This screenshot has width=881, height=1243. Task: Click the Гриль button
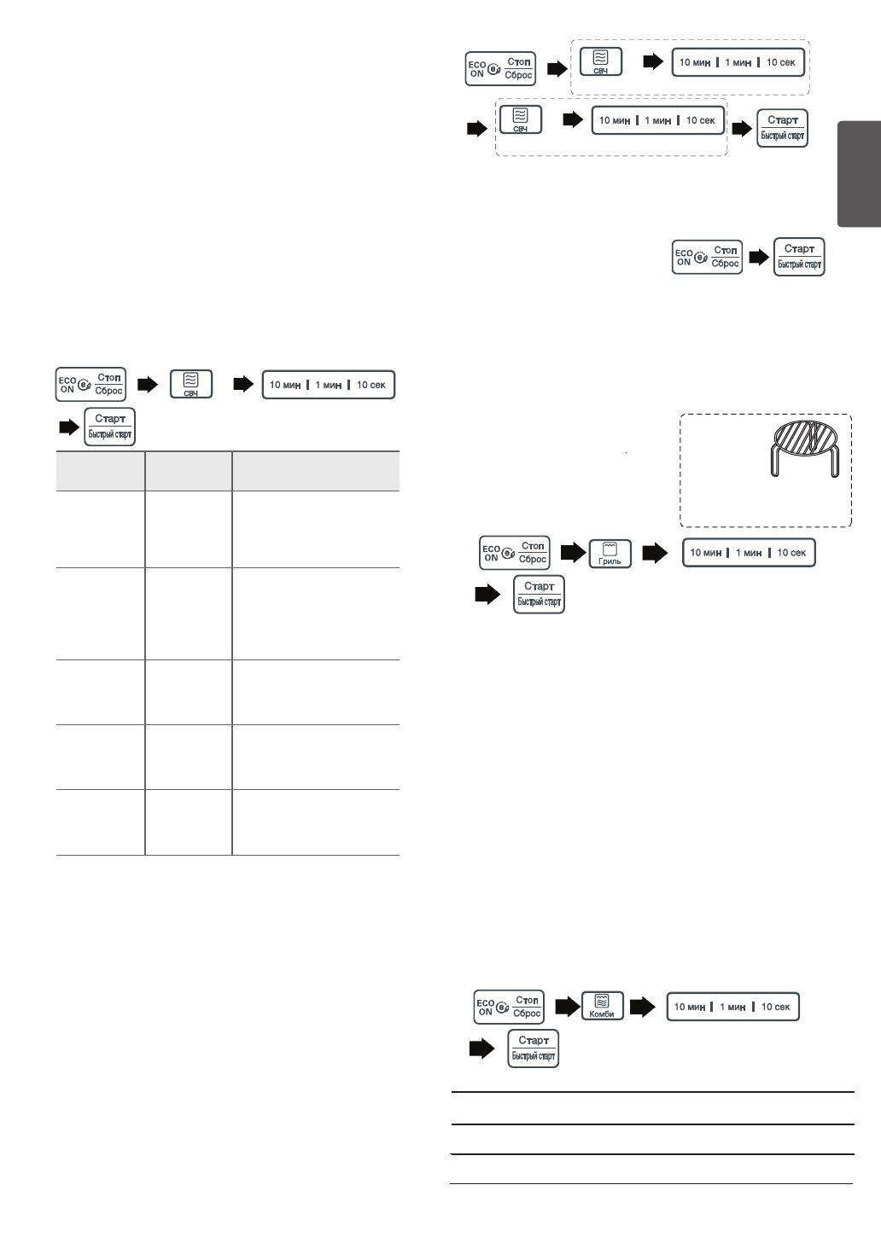click(x=610, y=553)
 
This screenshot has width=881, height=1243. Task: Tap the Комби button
click(x=602, y=1006)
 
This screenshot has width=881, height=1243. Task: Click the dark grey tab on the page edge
click(x=859, y=174)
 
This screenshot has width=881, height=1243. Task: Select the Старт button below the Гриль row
click(x=539, y=593)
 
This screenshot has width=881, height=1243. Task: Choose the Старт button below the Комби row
click(x=534, y=1048)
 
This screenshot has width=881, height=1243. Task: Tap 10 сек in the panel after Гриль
click(x=791, y=553)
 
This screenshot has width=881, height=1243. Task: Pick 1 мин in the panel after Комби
click(x=733, y=1007)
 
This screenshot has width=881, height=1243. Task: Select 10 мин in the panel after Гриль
click(x=706, y=553)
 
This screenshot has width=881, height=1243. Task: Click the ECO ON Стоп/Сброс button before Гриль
click(x=515, y=553)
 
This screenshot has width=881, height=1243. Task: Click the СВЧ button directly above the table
click(x=191, y=384)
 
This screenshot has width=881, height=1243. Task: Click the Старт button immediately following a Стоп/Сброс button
click(x=800, y=256)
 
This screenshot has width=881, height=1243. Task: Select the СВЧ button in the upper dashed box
click(x=600, y=62)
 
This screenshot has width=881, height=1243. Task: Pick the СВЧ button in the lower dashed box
click(x=520, y=119)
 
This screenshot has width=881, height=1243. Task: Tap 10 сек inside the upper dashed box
click(x=781, y=62)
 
